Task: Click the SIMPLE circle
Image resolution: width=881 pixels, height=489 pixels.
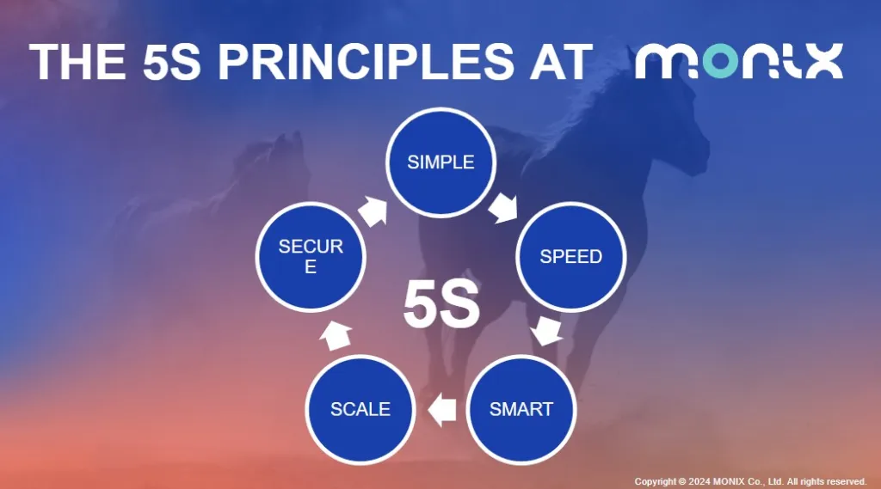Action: [x=440, y=162]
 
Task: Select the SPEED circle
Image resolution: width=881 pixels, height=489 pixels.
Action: [x=571, y=257]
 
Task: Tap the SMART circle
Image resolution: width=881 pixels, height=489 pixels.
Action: [x=521, y=409]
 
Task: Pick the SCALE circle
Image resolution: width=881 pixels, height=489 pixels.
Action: [x=360, y=409]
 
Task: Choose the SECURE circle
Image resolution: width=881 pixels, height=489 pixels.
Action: [x=311, y=257]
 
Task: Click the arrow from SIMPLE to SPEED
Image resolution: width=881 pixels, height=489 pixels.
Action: [x=502, y=207]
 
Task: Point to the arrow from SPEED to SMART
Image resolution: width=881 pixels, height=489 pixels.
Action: [x=546, y=330]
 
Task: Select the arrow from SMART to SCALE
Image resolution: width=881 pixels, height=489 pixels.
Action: [x=442, y=409]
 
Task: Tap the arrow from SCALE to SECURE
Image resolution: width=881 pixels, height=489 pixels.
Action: [x=336, y=335]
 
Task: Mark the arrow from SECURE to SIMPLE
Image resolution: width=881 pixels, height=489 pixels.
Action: [x=373, y=211]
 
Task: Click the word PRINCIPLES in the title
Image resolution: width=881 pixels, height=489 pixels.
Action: [x=366, y=61]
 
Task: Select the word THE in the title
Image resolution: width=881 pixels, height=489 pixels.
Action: [x=77, y=61]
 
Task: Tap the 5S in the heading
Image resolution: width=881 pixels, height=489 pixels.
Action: [x=171, y=61]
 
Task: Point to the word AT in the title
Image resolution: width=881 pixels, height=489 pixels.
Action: [x=560, y=61]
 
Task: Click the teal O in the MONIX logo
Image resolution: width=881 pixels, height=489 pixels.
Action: [x=720, y=61]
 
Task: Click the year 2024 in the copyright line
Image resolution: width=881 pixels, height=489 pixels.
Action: [x=699, y=482]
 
